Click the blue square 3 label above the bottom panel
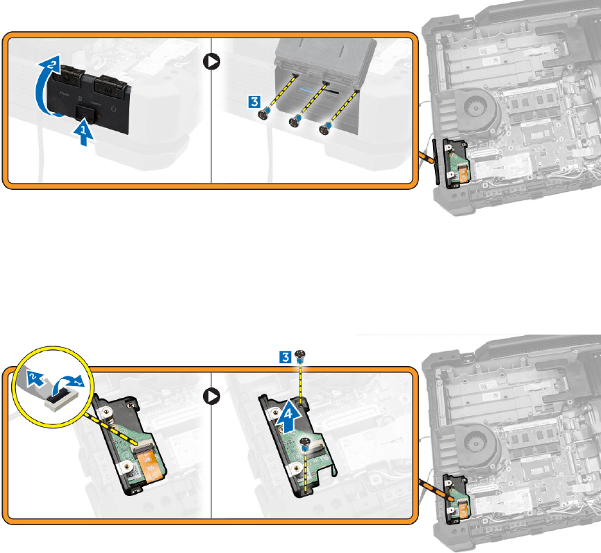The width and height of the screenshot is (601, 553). coord(283,359)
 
